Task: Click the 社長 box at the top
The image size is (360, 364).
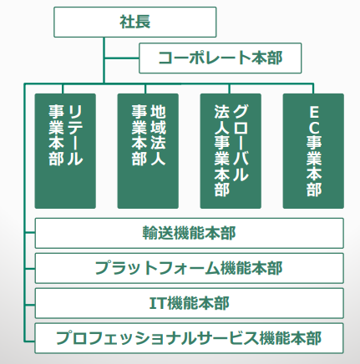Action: pos(135,22)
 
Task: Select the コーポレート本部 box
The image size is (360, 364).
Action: pos(221,58)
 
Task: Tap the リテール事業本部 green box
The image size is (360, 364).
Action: pos(65,151)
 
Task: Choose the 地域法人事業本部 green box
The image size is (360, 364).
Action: pos(148,151)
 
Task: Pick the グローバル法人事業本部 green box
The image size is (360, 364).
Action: pos(231,151)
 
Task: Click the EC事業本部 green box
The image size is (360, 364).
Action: pos(313,151)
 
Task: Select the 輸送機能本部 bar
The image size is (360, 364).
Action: pos(190,233)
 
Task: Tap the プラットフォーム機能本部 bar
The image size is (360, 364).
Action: pos(190,268)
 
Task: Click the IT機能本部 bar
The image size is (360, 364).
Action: pos(190,303)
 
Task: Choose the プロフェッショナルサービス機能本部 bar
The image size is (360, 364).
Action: pos(190,338)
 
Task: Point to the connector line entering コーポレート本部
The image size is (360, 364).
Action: pos(121,58)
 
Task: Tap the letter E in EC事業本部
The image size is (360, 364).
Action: pos(314,113)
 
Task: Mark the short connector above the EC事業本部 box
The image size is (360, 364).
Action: pos(313,88)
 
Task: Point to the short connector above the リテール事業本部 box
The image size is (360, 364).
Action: pos(63,88)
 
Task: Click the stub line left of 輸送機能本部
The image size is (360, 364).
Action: pos(30,232)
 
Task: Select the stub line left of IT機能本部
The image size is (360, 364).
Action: pos(30,305)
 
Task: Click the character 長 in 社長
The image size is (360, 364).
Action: pos(143,22)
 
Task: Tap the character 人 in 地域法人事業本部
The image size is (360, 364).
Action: pos(158,159)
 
